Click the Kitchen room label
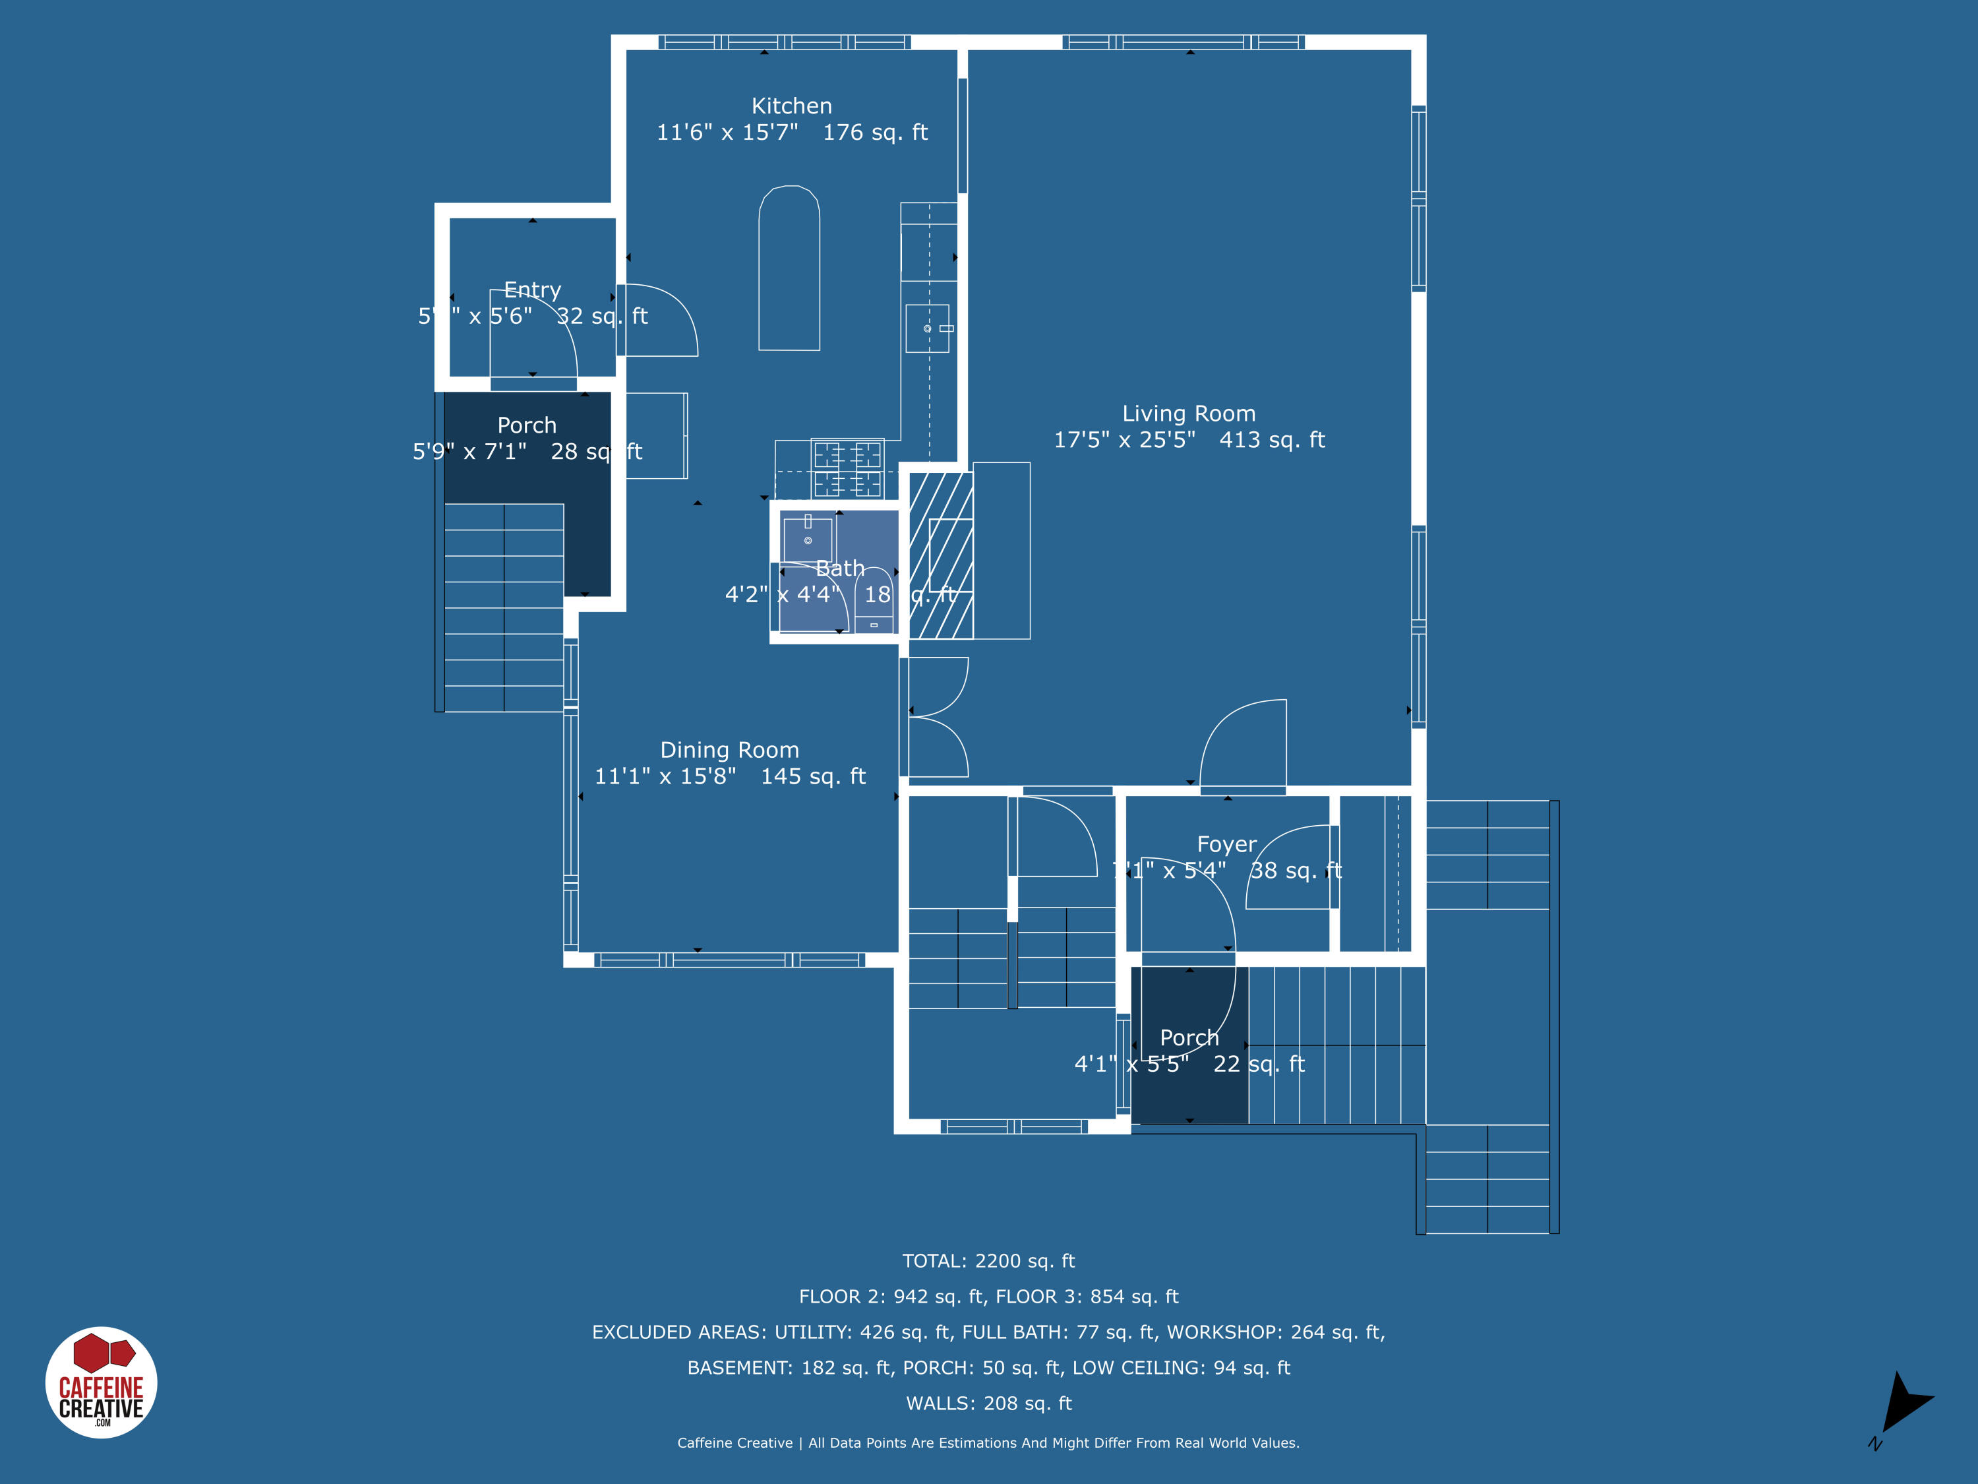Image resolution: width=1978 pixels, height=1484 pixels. coord(791,106)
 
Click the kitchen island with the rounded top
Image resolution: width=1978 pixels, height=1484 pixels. coord(789,268)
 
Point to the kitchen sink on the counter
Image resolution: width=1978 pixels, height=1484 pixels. coord(927,328)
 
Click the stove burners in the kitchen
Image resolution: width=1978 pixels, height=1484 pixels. coord(847,469)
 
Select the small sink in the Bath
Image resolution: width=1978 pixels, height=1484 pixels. coord(808,540)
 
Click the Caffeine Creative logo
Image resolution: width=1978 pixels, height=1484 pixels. coord(101,1382)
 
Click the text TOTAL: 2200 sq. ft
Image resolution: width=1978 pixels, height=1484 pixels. coord(988,1261)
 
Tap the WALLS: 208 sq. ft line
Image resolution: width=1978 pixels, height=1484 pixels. coord(988,1404)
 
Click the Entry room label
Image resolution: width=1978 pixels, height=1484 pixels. coord(532,290)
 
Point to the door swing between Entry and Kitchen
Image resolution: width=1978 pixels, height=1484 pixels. coord(660,321)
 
